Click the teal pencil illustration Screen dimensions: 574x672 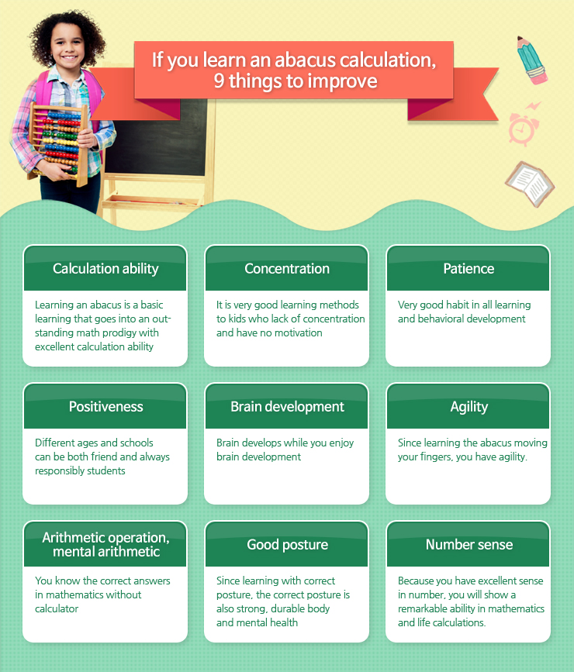click(532, 60)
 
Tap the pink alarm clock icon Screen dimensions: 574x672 click(524, 126)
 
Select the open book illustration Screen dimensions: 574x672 click(530, 184)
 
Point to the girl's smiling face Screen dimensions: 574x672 click(67, 46)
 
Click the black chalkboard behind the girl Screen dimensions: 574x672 click(155, 137)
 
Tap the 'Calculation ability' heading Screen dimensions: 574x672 click(105, 269)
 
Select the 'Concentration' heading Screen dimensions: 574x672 click(287, 269)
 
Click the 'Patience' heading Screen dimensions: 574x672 click(469, 269)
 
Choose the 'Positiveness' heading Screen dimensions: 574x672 click(106, 407)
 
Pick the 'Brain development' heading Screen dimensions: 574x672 click(288, 407)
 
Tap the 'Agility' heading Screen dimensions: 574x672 click(469, 407)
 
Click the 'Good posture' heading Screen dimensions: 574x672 click(288, 545)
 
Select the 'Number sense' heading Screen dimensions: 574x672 click(469, 545)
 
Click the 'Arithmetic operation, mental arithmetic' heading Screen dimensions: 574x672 click(106, 544)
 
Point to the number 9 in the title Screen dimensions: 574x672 click(219, 81)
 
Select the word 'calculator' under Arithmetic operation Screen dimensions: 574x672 click(57, 608)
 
